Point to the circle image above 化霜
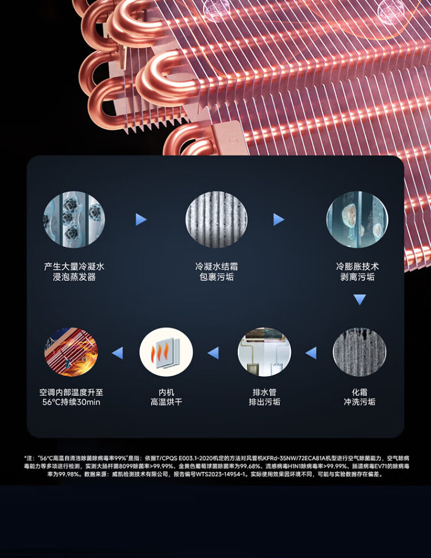tap(360, 352)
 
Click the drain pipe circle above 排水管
tap(264, 352)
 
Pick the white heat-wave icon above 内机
tap(166, 352)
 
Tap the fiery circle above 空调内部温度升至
tap(71, 352)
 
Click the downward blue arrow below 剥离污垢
tap(360, 299)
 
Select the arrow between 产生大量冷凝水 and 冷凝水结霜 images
tap(141, 219)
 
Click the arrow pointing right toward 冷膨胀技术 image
tap(279, 219)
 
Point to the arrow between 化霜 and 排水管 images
tap(311, 353)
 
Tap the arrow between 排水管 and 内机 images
tap(213, 353)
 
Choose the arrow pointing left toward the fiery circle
tap(117, 353)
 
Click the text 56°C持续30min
tap(71, 402)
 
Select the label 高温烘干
tap(166, 402)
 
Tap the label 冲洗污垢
tap(360, 402)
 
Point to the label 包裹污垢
tap(216, 277)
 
